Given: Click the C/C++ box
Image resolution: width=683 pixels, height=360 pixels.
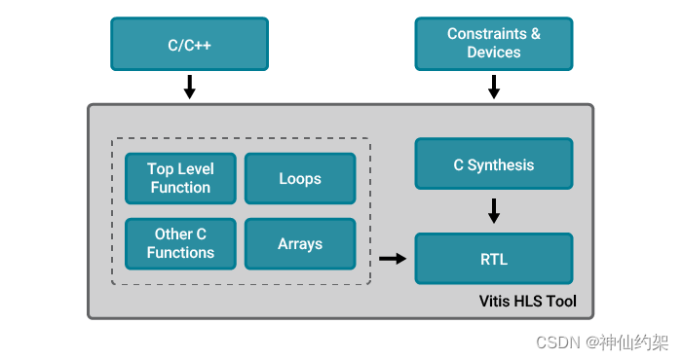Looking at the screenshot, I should pyautogui.click(x=189, y=44).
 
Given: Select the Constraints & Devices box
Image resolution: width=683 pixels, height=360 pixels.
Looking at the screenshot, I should pyautogui.click(x=494, y=44).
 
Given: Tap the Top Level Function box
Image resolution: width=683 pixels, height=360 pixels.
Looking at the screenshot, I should pyautogui.click(x=180, y=178).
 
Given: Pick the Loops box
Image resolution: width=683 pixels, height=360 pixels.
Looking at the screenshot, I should pyautogui.click(x=300, y=178).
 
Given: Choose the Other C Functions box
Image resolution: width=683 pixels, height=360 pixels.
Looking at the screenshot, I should pyautogui.click(x=180, y=243).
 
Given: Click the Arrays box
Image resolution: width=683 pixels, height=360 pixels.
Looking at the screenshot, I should pyautogui.click(x=300, y=243).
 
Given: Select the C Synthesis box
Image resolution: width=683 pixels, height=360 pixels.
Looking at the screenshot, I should pyautogui.click(x=494, y=164).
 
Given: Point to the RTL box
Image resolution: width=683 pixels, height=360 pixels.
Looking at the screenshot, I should pyautogui.click(x=494, y=258).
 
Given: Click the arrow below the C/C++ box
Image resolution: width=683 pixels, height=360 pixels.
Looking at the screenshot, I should pyautogui.click(x=189, y=88).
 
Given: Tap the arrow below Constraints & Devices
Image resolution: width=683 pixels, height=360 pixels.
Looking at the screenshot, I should pyautogui.click(x=494, y=88).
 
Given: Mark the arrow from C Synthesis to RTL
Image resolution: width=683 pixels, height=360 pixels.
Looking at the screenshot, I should pyautogui.click(x=494, y=210).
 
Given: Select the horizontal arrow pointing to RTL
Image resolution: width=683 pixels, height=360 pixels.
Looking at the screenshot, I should pyautogui.click(x=392, y=259).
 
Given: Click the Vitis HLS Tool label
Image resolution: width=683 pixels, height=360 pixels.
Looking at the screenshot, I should pyautogui.click(x=528, y=302).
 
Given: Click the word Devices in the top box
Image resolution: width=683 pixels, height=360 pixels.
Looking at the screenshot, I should pyautogui.click(x=494, y=53).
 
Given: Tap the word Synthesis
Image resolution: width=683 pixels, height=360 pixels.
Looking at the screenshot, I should pyautogui.click(x=501, y=164).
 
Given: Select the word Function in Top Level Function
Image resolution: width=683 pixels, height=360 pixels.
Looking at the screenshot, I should pyautogui.click(x=180, y=187).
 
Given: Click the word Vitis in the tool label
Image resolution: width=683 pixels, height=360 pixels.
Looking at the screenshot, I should pyautogui.click(x=497, y=302).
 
